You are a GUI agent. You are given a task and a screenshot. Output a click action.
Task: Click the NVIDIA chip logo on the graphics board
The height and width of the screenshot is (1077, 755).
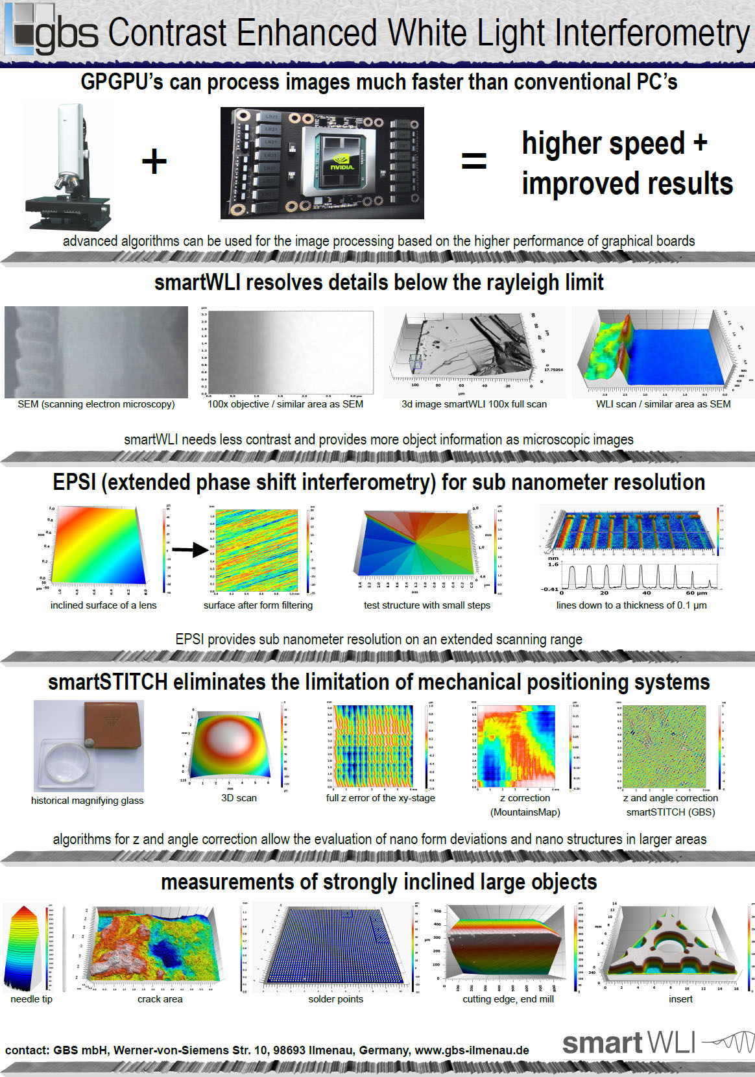point(342,162)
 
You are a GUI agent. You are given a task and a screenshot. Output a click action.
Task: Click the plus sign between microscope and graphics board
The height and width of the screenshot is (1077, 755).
point(154,161)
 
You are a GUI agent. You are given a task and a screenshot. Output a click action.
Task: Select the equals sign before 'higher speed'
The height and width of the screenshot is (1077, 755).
point(473,161)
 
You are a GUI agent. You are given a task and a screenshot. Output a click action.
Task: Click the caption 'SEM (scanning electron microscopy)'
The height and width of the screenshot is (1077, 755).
point(96,404)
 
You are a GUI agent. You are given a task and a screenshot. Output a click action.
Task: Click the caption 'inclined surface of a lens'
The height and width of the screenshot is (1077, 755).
point(103,605)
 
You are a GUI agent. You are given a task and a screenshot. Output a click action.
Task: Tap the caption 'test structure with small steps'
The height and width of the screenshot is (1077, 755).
point(427,605)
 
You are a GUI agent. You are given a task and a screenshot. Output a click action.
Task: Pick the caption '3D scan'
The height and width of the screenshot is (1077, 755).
point(239,798)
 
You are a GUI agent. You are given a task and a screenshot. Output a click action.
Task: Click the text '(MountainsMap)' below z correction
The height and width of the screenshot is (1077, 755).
point(525,812)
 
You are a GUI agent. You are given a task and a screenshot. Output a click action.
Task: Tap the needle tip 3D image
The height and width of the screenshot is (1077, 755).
point(23,947)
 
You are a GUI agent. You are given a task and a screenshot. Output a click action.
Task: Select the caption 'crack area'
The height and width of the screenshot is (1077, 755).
point(160,999)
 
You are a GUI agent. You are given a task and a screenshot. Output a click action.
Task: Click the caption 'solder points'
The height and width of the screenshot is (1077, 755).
point(335,999)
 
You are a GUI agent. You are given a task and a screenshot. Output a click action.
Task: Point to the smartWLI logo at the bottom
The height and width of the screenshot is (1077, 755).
point(655,1043)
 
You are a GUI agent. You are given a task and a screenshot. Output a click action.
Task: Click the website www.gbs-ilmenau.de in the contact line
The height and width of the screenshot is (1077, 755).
point(472,1050)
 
